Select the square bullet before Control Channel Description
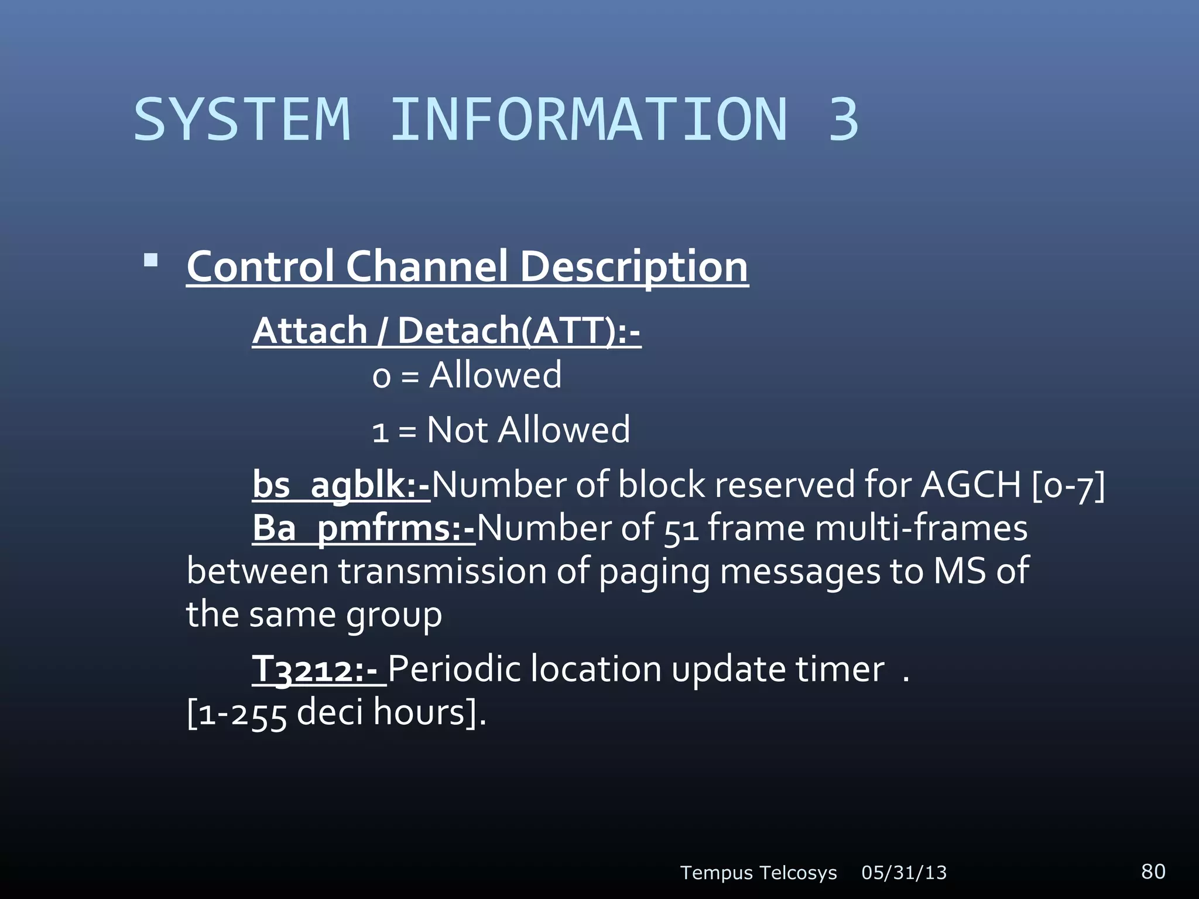coord(151,260)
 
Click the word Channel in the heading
coord(426,267)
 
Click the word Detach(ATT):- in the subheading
coord(519,331)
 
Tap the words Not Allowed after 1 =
coord(528,430)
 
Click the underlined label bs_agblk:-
coord(341,485)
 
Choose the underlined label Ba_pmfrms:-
coord(363,529)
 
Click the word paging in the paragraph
coord(654,572)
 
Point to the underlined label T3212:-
coord(318,670)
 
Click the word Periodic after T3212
coord(454,670)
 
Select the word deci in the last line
coord(330,713)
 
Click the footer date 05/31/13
coord(904,873)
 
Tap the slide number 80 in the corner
coord(1153,871)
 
